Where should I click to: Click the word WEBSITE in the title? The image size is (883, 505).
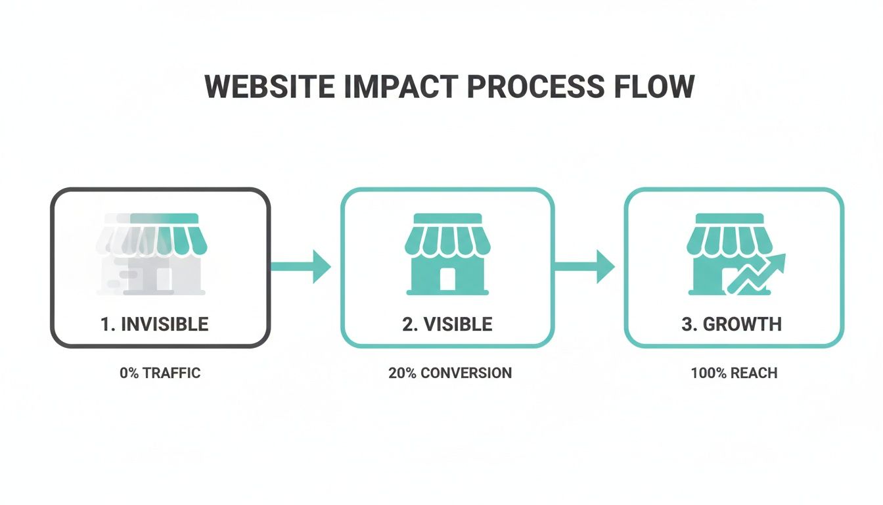pyautogui.click(x=269, y=87)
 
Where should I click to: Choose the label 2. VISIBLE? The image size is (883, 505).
pyautogui.click(x=447, y=324)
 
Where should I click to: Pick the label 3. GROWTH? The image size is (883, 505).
pyautogui.click(x=732, y=324)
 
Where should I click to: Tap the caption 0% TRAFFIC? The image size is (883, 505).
pyautogui.click(x=160, y=373)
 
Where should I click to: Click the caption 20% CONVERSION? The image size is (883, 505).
pyautogui.click(x=450, y=373)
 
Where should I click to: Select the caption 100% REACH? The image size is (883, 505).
pyautogui.click(x=734, y=373)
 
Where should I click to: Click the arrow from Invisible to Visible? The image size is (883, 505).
pyautogui.click(x=302, y=266)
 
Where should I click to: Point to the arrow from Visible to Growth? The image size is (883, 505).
pyautogui.click(x=585, y=266)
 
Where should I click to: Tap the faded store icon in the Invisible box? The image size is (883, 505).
pyautogui.click(x=151, y=253)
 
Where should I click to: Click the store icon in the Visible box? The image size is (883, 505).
pyautogui.click(x=447, y=253)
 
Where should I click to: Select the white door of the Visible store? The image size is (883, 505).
pyautogui.click(x=447, y=279)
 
